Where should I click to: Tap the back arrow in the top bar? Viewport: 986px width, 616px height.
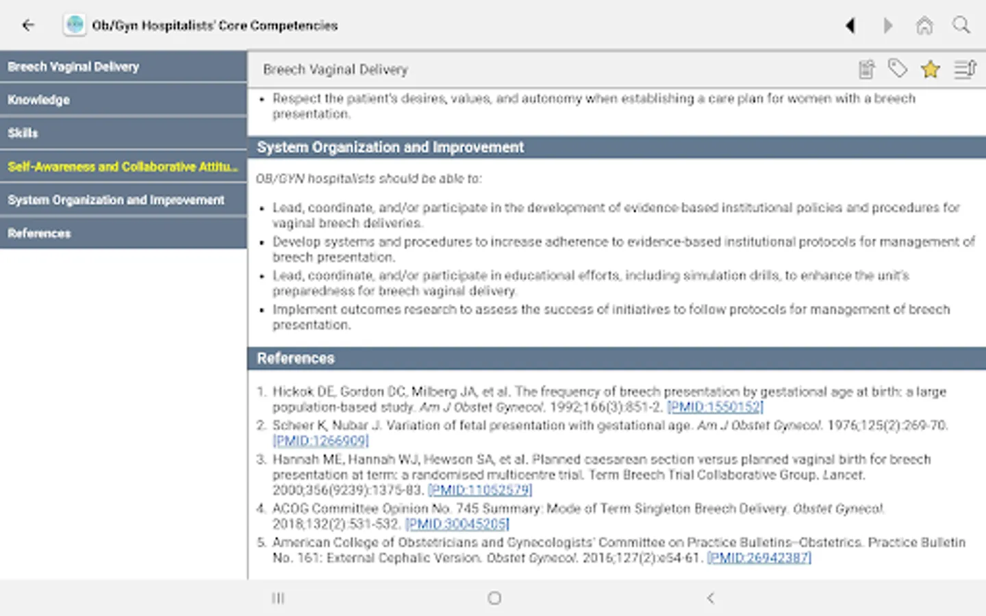pos(28,25)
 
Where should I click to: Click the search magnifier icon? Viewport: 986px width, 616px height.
pos(961,25)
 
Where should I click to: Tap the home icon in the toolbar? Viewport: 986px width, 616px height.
pos(924,26)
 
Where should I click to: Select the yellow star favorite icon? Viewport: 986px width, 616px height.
pos(931,69)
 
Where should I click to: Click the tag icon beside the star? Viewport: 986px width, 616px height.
pos(897,68)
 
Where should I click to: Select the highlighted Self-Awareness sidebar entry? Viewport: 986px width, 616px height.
pos(123,166)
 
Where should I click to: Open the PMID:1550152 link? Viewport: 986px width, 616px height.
pos(715,407)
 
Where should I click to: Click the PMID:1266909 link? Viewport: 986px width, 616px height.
pos(320,441)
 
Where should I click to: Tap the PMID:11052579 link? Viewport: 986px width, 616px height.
pos(480,490)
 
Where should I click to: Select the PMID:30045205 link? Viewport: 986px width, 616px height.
pos(457,524)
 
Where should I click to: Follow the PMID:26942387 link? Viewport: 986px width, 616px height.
pos(759,558)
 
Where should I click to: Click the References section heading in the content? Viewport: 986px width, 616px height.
pos(296,358)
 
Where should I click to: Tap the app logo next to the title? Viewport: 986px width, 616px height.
pos(75,25)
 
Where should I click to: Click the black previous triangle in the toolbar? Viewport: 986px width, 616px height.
pos(850,26)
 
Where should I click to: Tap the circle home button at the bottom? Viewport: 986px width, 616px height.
pos(494,598)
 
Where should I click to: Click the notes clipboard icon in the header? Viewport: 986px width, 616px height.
pos(867,69)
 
